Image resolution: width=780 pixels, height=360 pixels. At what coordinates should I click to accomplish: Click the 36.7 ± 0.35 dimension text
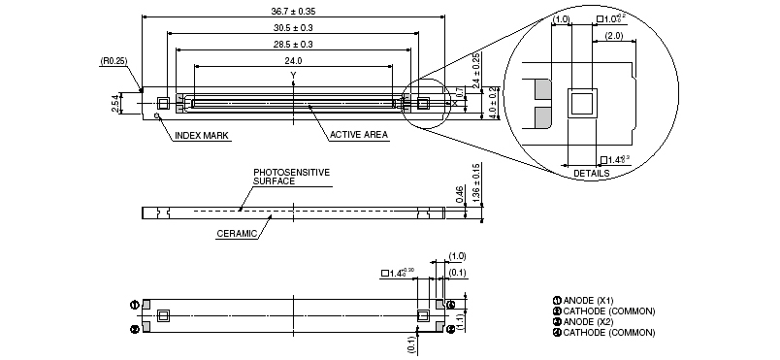(x=293, y=13)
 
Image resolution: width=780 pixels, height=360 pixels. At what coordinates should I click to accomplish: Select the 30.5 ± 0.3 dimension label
(x=293, y=28)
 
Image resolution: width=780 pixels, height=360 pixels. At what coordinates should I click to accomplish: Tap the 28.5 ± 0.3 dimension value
(x=293, y=45)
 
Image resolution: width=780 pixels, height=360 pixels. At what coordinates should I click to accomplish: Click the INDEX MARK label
(x=202, y=136)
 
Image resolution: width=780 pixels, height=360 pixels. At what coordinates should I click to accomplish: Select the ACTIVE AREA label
(x=359, y=135)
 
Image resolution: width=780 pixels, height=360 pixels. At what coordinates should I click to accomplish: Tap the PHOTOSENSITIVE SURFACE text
(x=291, y=177)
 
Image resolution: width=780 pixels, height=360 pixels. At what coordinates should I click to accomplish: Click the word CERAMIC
(x=237, y=233)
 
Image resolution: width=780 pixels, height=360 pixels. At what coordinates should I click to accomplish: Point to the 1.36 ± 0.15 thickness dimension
(x=476, y=183)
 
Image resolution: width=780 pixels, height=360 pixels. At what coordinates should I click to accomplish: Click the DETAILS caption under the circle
(x=592, y=174)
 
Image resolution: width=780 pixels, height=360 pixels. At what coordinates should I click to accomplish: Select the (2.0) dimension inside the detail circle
(x=614, y=35)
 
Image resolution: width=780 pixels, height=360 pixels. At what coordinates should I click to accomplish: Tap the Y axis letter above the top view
(x=293, y=75)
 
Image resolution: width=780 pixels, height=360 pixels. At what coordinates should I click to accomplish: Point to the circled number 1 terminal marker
(x=135, y=304)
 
